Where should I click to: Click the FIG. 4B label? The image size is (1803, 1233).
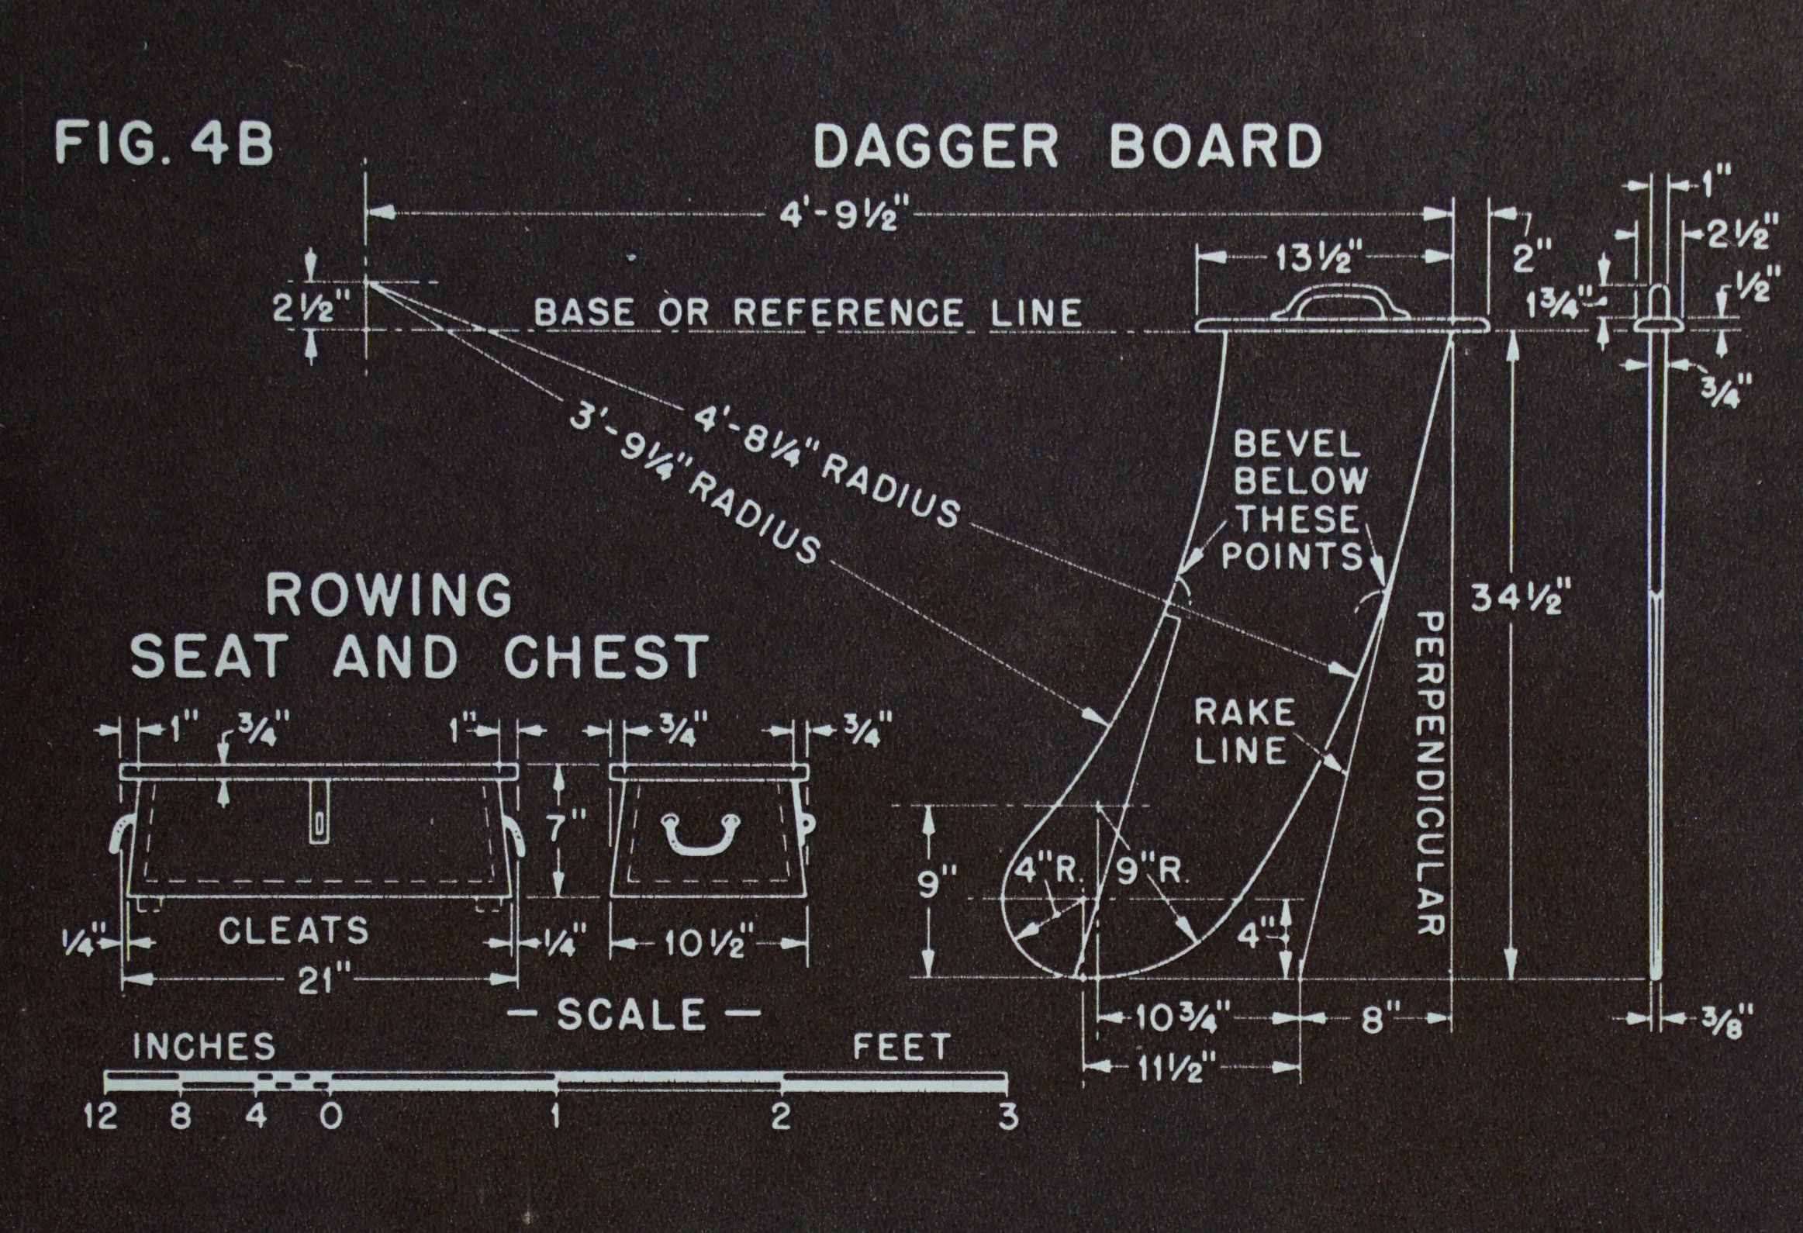[164, 143]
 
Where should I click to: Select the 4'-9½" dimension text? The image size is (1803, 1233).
[838, 213]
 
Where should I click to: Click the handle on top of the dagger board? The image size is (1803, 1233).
[1340, 302]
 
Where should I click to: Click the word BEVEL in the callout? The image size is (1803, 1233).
[1297, 444]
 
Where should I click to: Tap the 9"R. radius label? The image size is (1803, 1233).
[1152, 872]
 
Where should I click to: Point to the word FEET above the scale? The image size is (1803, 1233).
[901, 1048]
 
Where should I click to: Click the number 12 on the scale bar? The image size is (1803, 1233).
[100, 1117]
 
